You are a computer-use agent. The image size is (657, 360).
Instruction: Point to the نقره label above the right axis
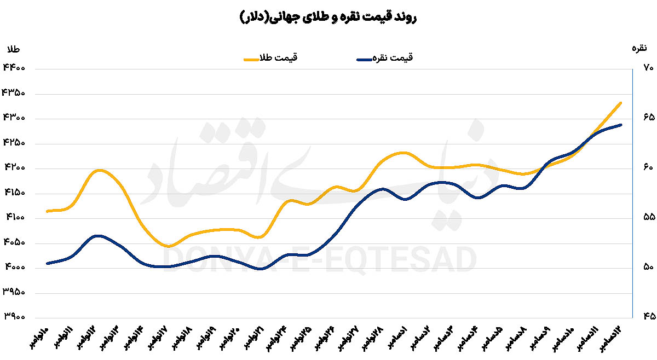coord(640,49)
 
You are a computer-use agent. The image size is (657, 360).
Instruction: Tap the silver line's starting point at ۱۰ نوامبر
coord(48,263)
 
